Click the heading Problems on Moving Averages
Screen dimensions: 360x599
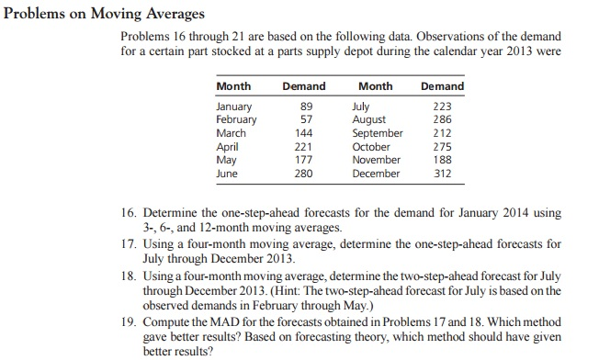(104, 14)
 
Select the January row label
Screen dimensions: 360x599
(236, 107)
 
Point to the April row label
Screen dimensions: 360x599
(228, 146)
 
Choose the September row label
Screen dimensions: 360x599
(377, 132)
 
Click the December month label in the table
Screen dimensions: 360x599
(376, 172)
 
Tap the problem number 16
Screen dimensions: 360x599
(130, 212)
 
